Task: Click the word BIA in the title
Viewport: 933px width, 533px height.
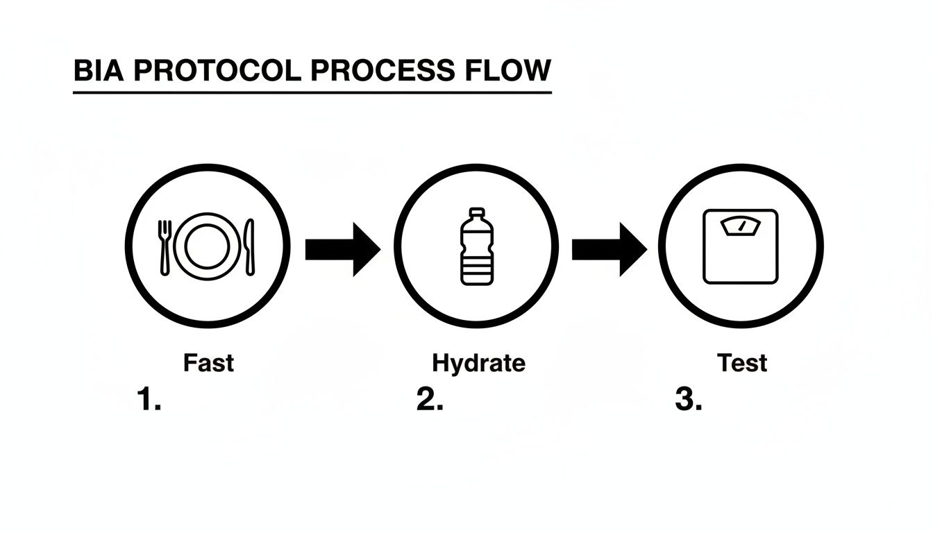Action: coord(99,70)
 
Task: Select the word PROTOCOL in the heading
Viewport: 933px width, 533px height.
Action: coord(217,70)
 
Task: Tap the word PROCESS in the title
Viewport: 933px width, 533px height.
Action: coord(383,70)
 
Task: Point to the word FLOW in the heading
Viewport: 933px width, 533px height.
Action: coord(508,70)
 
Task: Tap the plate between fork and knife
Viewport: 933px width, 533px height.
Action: coord(207,246)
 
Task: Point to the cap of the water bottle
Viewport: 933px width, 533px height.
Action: coord(477,212)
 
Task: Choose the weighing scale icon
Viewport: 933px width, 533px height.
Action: coord(741,246)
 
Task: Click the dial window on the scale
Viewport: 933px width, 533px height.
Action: coord(741,226)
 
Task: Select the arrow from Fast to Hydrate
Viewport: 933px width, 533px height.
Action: coord(343,249)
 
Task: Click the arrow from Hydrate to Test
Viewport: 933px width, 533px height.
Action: coord(610,249)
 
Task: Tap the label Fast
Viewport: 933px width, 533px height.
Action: coord(208,363)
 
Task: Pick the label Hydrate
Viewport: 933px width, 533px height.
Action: coord(478,364)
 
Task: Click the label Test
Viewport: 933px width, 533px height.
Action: coord(742,363)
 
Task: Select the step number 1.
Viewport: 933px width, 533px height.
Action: coord(149,399)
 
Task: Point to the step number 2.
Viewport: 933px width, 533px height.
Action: coord(430,399)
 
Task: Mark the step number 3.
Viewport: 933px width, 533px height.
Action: coord(689,399)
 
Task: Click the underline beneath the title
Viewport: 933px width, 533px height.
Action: coord(312,92)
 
